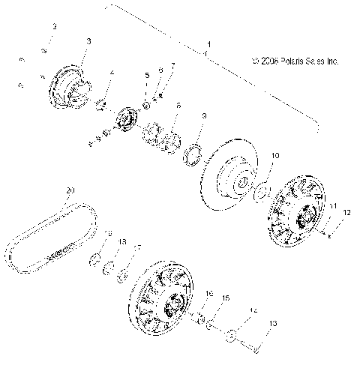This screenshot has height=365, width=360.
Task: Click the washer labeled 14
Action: (x=233, y=336)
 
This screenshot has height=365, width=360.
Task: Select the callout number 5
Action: (x=147, y=76)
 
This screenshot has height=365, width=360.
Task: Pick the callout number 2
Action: (x=53, y=27)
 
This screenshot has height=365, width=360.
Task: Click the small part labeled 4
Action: (x=103, y=103)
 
